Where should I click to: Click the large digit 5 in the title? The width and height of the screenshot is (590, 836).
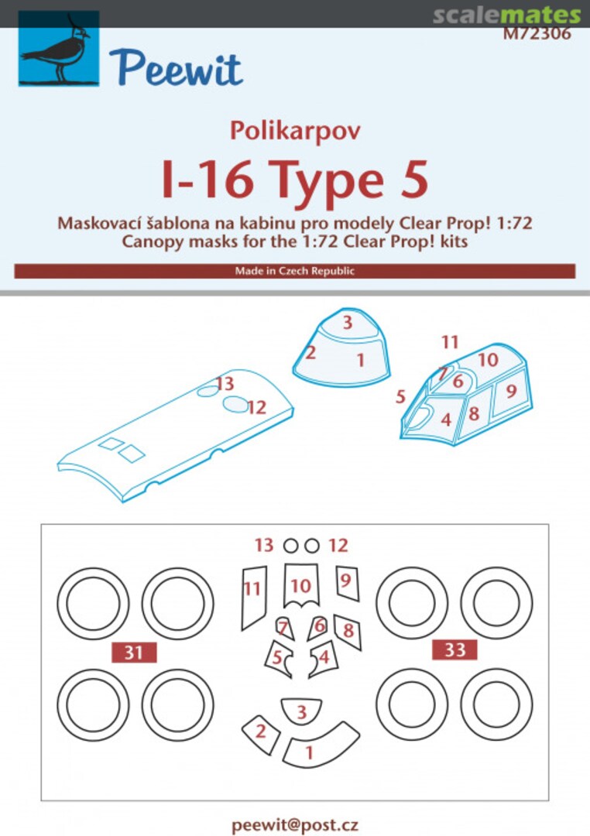(408, 180)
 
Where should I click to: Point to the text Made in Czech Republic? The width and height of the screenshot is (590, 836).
(294, 271)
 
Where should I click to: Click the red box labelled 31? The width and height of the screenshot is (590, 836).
(135, 653)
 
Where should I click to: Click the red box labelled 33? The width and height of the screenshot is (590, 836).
(455, 649)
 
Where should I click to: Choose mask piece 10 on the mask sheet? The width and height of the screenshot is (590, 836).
(301, 585)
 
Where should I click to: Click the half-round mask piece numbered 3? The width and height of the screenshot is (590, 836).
(301, 710)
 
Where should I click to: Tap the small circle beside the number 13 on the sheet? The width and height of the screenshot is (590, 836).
(290, 546)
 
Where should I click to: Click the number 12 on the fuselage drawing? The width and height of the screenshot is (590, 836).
(257, 406)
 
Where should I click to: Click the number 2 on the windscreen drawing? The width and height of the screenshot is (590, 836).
(310, 354)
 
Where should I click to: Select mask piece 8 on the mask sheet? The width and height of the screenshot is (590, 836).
(348, 630)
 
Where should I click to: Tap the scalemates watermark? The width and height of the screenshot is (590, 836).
(506, 15)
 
